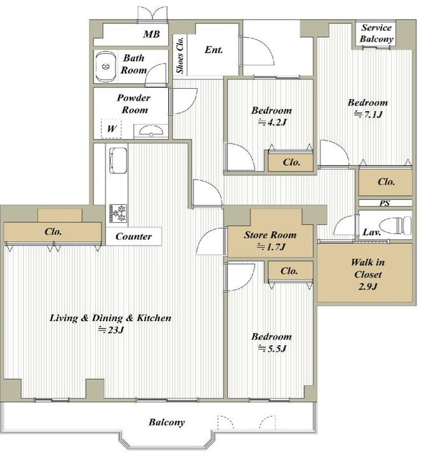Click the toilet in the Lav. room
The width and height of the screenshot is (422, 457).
point(396,225)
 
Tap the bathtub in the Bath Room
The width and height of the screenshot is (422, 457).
point(105,67)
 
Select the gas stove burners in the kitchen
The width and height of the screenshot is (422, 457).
point(118,213)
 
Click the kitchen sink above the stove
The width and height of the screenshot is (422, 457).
point(118,161)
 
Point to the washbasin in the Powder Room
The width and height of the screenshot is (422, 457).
point(151,131)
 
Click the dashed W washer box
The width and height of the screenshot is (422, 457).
point(111,128)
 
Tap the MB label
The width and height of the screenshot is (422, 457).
point(152,34)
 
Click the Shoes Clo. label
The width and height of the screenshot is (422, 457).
point(180,55)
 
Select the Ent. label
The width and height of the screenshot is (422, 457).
point(214,50)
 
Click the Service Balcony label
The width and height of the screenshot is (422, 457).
point(376,33)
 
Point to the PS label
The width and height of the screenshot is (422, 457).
point(385,203)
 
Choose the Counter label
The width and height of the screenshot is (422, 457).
point(133,236)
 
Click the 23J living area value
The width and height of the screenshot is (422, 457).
point(111,330)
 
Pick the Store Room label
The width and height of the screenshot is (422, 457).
point(270,235)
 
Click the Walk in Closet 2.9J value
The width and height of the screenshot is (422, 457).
point(368,287)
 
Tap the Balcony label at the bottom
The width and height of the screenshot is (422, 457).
point(167,422)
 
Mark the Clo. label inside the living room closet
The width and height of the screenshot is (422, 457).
point(53,232)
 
